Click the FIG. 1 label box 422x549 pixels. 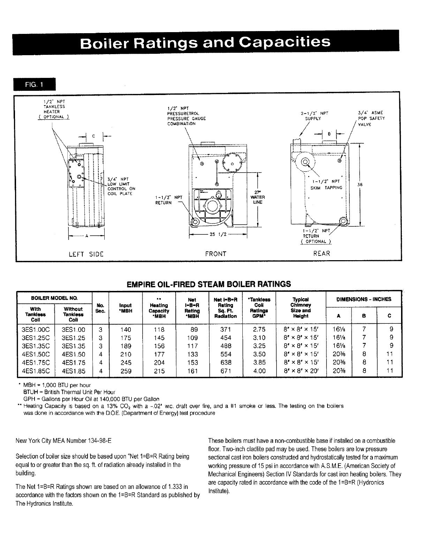34,85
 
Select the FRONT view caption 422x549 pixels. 216,254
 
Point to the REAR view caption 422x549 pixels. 322,254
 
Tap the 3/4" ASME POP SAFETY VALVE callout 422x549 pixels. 371,118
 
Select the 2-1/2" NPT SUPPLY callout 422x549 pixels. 314,116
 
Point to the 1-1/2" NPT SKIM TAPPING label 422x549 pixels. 326,184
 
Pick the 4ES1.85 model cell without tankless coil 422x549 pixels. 73,371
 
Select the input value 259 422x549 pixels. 126,371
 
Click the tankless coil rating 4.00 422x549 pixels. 259,371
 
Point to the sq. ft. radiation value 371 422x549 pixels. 226,329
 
